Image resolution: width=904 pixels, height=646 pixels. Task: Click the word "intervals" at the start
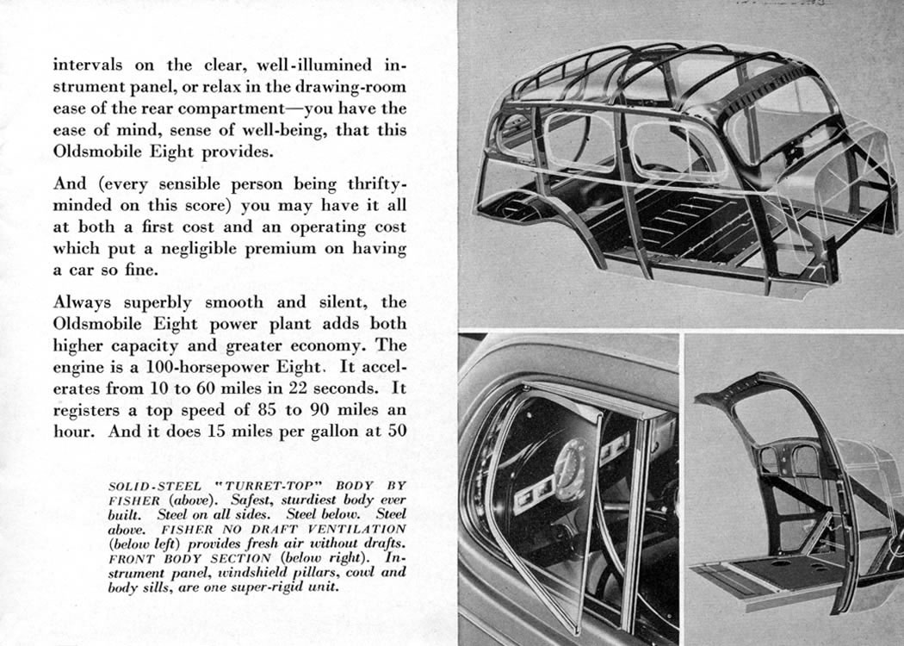[x=88, y=65]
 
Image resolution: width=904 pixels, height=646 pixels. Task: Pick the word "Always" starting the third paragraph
[x=83, y=302]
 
